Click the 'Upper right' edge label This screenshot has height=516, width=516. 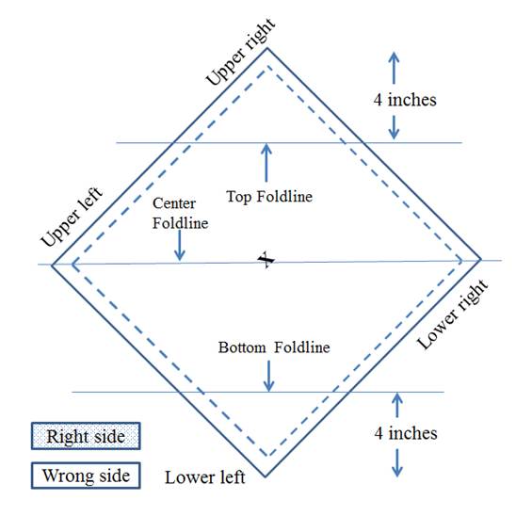[x=240, y=52]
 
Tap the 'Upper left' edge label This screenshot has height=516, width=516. [x=72, y=217]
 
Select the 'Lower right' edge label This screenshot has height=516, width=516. [x=453, y=314]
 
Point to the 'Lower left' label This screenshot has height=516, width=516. [x=204, y=477]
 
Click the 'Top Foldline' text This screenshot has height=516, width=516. [x=269, y=197]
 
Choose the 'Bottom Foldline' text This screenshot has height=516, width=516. [x=274, y=347]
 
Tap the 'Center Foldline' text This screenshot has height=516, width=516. [x=181, y=213]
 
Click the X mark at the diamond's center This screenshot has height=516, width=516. [x=266, y=260]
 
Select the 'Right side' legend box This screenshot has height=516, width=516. [x=86, y=436]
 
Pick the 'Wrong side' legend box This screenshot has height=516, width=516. [x=86, y=476]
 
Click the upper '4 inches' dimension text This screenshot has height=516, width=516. [x=405, y=100]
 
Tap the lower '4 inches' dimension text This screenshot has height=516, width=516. [x=406, y=433]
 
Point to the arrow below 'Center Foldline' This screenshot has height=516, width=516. [x=180, y=246]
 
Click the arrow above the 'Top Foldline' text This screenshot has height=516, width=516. [x=266, y=163]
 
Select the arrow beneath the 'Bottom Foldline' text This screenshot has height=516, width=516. [x=269, y=376]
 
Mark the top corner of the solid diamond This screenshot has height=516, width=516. [x=266, y=48]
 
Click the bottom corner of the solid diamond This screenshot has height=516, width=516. [x=266, y=476]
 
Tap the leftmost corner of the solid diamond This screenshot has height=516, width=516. [x=52, y=265]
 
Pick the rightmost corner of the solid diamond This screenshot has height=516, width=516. [x=481, y=260]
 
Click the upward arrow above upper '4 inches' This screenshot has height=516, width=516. [x=394, y=68]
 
